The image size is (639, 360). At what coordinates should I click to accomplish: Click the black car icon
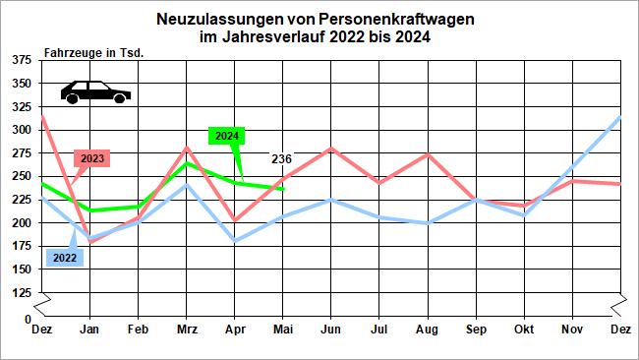click(x=95, y=91)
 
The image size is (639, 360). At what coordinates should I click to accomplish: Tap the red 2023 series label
click(x=91, y=158)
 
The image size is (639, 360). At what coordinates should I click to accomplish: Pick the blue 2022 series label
click(x=63, y=258)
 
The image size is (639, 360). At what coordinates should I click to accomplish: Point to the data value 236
click(x=281, y=159)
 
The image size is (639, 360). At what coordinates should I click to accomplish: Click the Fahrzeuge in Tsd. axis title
click(x=94, y=52)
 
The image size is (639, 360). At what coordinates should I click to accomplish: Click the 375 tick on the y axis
click(x=19, y=60)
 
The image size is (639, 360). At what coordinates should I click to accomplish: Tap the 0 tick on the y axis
click(x=28, y=320)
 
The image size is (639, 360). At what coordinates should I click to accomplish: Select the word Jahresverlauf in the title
click(x=265, y=38)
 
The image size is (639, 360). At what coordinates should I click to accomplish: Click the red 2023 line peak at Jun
click(x=330, y=149)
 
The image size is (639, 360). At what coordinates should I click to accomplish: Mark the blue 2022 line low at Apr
click(x=234, y=241)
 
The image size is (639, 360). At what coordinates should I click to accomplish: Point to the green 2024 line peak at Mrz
click(x=186, y=163)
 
